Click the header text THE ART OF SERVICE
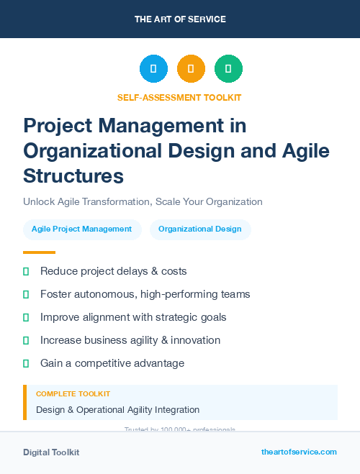click(x=179, y=19)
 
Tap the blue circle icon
click(x=153, y=68)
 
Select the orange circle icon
click(x=191, y=68)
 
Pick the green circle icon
click(x=228, y=68)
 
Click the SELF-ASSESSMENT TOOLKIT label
click(x=179, y=97)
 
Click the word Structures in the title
click(x=73, y=176)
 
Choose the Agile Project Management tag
click(x=81, y=229)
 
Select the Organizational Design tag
click(x=200, y=229)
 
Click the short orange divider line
click(x=39, y=252)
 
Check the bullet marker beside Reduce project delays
click(x=26, y=271)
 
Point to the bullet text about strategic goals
click(x=133, y=317)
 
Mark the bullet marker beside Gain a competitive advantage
click(x=26, y=363)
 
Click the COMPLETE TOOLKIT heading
click(x=73, y=394)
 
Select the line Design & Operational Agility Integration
click(x=117, y=410)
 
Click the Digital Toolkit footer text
click(x=51, y=452)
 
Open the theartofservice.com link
click(x=299, y=452)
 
